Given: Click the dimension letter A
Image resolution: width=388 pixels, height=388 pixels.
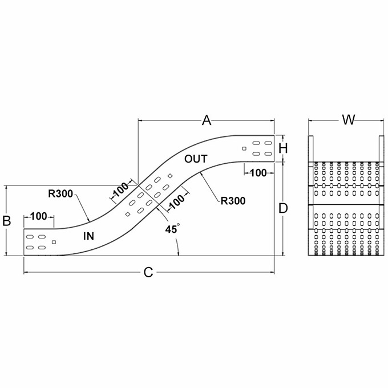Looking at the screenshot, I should (x=207, y=120).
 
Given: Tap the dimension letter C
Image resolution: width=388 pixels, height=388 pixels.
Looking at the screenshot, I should (x=148, y=273).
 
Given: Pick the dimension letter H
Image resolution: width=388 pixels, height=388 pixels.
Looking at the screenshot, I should (x=284, y=148).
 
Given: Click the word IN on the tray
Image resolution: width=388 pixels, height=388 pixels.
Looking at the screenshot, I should (x=88, y=236).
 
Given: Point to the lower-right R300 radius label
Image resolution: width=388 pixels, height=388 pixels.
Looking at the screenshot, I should (x=233, y=200).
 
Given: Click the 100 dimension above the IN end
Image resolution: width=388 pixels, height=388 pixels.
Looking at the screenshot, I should (x=39, y=216).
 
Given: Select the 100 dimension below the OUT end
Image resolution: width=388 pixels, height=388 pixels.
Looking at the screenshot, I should (x=258, y=172).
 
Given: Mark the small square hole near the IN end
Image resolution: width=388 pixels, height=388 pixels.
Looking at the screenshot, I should (x=54, y=242).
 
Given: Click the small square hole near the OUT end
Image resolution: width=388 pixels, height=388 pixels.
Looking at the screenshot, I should (x=244, y=149).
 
